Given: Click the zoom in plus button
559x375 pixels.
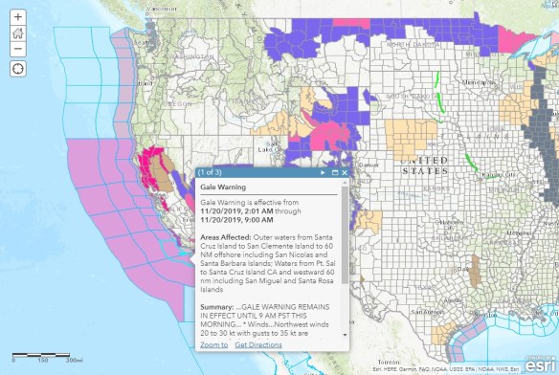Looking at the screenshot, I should (18, 17).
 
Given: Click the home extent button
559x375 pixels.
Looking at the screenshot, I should (18, 33).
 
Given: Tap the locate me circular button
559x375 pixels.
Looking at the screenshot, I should (18, 68).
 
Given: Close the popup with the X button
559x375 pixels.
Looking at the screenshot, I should (345, 172).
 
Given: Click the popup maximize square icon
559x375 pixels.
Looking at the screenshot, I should (335, 172).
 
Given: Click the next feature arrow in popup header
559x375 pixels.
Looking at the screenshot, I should (323, 172).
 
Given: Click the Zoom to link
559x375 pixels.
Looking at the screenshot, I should (213, 344).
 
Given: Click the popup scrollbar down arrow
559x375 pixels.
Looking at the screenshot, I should (345, 334).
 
